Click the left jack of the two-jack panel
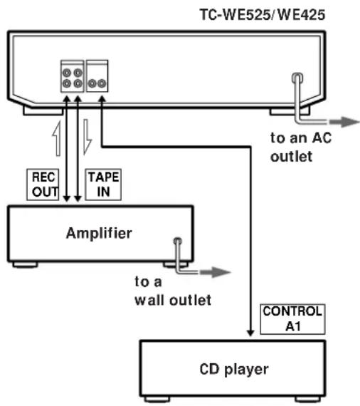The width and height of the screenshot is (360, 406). point(92,83)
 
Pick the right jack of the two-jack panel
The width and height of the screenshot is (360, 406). point(102,83)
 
